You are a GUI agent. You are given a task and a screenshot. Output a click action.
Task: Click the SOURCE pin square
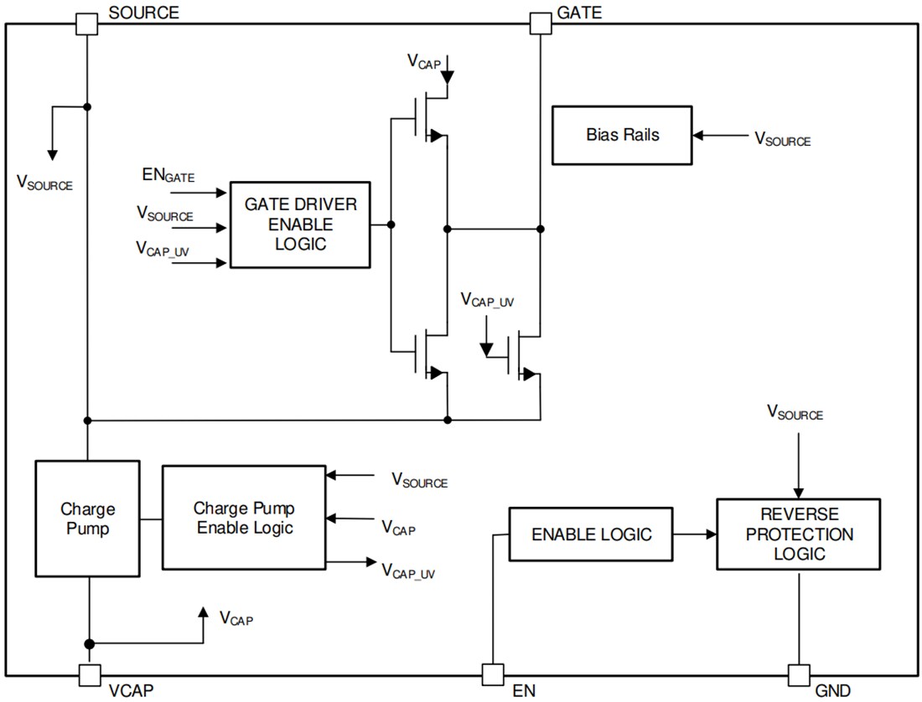(87, 23)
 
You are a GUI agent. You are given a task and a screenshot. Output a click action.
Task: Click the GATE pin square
(541, 23)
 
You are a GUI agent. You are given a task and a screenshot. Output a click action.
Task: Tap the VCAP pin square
(89, 674)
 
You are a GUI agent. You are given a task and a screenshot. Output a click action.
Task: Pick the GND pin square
(799, 674)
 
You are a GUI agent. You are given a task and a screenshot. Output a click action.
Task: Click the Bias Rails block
(622, 135)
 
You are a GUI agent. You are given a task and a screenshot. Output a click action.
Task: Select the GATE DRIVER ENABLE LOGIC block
(300, 225)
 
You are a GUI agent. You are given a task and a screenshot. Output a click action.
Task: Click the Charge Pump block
(87, 519)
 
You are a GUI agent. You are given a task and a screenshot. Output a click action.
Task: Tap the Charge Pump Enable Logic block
(243, 518)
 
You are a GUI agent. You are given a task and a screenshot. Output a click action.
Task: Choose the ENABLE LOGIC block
(591, 534)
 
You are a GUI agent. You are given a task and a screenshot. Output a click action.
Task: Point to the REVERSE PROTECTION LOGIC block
(798, 534)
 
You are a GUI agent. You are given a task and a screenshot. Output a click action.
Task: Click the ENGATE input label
(168, 176)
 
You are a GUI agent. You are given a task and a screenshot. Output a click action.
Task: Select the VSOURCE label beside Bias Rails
(782, 140)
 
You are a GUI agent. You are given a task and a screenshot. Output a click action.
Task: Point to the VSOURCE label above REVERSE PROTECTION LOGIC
(795, 412)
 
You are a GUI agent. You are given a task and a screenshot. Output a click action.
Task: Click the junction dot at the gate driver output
(391, 225)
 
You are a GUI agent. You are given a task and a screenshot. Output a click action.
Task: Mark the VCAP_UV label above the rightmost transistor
(486, 301)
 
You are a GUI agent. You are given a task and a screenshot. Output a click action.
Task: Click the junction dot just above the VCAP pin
(88, 643)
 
